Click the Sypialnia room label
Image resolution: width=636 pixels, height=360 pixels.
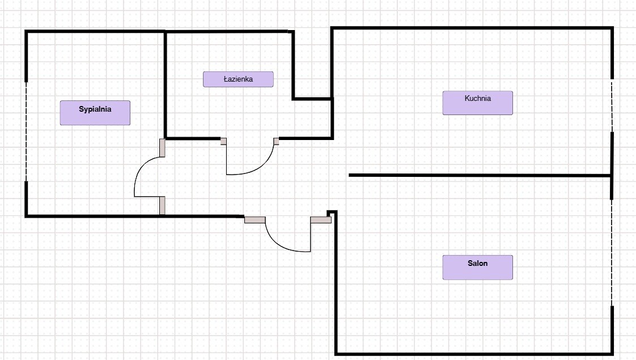[x=95, y=113]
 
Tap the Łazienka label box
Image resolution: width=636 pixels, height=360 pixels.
[x=238, y=79]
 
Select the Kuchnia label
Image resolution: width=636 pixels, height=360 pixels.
[x=477, y=103]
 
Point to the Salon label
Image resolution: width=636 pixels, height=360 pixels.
[x=477, y=267]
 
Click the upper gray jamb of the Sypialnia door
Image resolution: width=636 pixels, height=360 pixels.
[x=162, y=147]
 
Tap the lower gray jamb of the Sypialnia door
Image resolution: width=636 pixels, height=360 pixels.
[x=162, y=206]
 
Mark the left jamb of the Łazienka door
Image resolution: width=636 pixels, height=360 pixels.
[x=223, y=141]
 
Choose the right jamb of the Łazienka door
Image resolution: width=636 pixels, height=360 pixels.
[x=276, y=141]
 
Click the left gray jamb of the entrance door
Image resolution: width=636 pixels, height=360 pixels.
[x=255, y=219]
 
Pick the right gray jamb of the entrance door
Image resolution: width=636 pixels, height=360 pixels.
[x=320, y=220]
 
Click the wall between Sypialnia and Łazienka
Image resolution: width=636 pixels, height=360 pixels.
[x=165, y=85]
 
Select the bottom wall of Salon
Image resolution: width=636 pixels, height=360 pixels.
[x=474, y=354]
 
